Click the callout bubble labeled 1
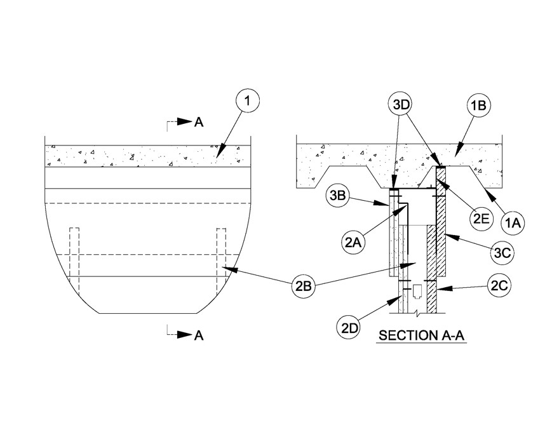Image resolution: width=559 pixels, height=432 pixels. [x=247, y=101]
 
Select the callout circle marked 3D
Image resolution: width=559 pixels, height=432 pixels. [x=400, y=105]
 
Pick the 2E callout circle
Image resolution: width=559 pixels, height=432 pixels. [x=482, y=218]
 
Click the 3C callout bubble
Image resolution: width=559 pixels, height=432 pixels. [x=502, y=253]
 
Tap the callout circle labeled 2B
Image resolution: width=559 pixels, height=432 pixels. [x=304, y=286]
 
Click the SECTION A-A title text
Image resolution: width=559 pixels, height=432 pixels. [x=422, y=335]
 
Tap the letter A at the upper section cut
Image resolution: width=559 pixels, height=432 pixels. [x=199, y=122]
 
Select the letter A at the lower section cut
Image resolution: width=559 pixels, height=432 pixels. [x=199, y=335]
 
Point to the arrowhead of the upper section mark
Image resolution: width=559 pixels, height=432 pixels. [x=185, y=121]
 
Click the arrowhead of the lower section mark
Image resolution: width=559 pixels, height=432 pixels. [x=185, y=334]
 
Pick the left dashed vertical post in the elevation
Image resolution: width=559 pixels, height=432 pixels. [x=74, y=262]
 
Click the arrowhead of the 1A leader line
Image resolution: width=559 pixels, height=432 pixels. [x=488, y=194]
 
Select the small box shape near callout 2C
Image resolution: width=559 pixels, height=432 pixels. [x=417, y=291]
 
